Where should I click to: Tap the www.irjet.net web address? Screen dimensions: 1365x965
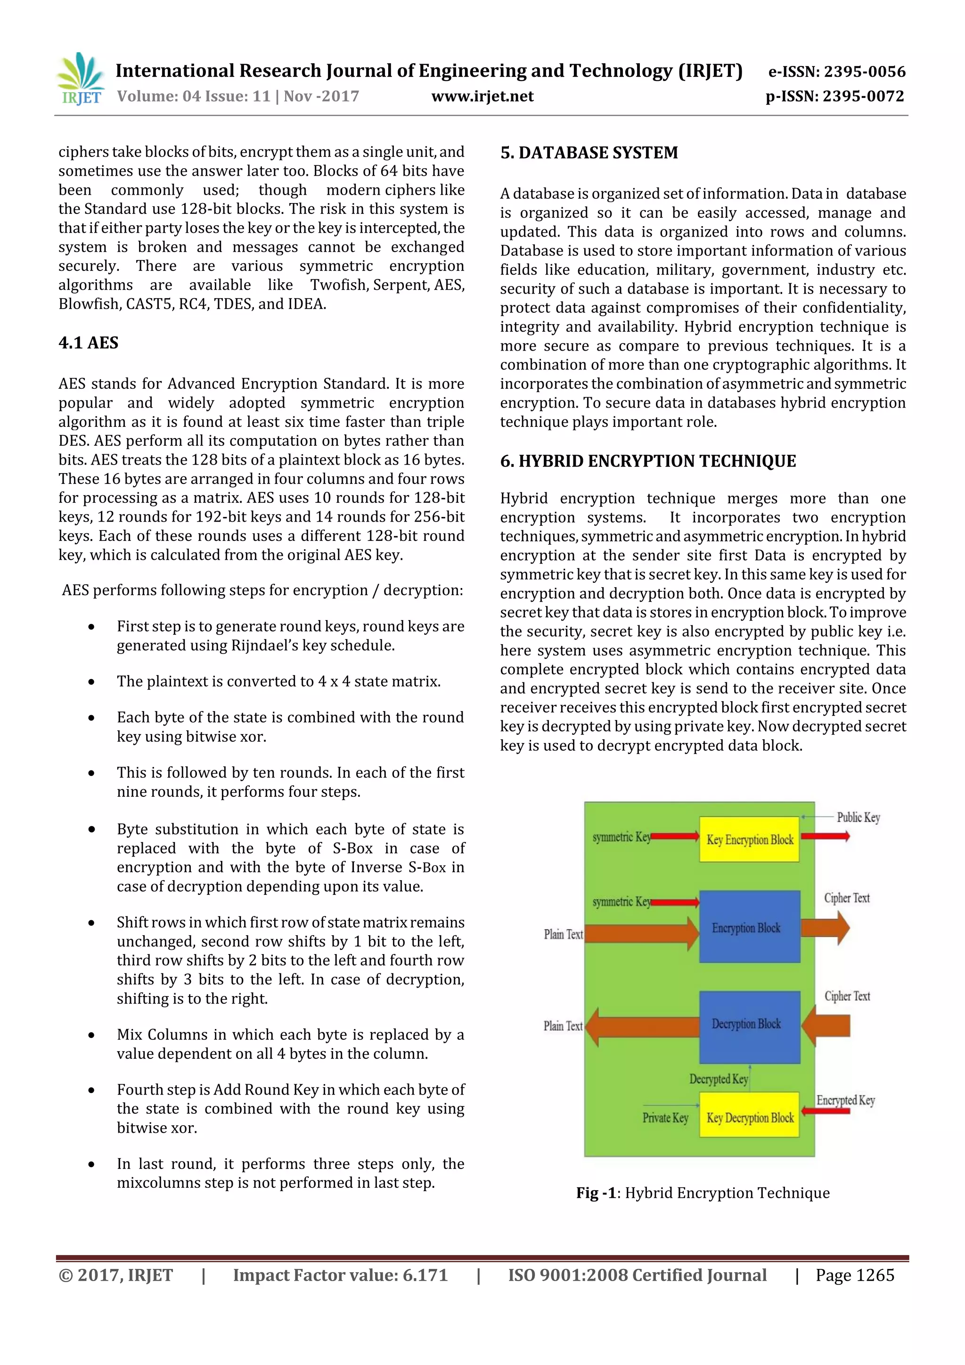click(482, 96)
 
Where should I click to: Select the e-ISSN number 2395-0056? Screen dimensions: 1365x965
click(836, 72)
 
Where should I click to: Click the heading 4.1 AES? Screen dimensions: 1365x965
click(89, 343)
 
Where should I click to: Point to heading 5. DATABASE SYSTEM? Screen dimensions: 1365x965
click(589, 153)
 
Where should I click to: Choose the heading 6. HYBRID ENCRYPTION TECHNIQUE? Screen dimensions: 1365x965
click(647, 461)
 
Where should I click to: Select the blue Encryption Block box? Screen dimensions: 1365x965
click(749, 927)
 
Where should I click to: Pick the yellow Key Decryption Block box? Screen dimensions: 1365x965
click(749, 1118)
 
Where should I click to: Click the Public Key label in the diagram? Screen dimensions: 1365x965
click(858, 817)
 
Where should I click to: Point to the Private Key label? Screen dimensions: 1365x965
click(665, 1118)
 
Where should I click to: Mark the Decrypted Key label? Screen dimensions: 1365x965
click(718, 1079)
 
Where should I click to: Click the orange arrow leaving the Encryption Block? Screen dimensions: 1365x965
click(825, 927)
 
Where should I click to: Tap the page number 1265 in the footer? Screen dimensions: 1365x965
click(875, 1275)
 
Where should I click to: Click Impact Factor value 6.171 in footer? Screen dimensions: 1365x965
click(340, 1275)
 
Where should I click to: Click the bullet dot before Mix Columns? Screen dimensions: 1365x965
click(91, 1036)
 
